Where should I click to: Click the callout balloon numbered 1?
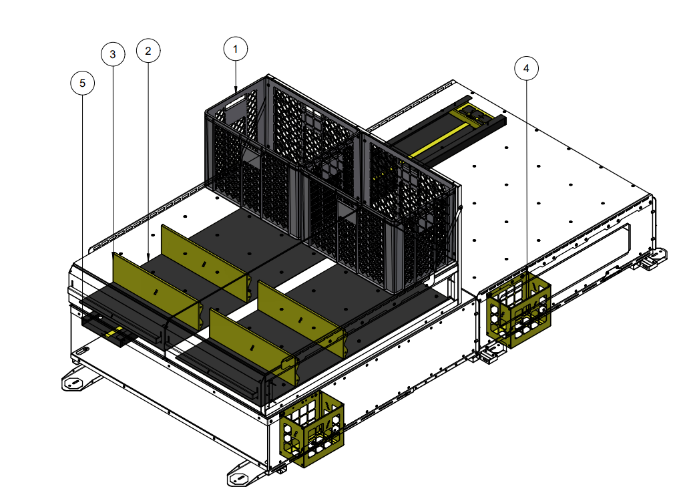click(235, 49)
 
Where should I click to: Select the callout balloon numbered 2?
click(148, 51)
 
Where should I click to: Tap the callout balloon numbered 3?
click(113, 54)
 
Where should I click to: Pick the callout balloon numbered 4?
click(526, 68)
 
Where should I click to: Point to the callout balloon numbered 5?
click(82, 83)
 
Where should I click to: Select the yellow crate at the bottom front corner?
click(312, 427)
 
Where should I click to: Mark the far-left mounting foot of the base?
click(75, 382)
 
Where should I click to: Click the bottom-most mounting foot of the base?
click(240, 478)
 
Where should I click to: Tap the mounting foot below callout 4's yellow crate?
click(492, 354)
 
